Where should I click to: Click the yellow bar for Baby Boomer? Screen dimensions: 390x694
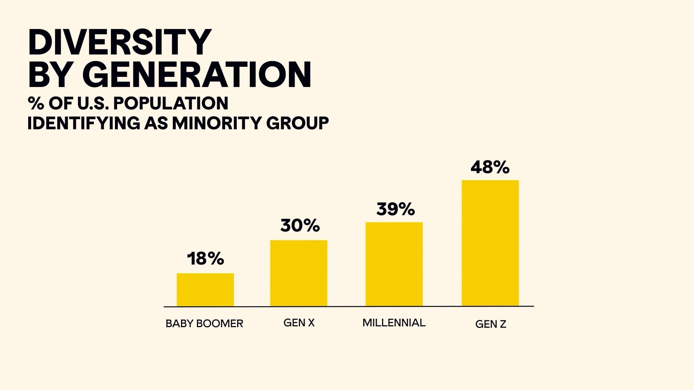pos(205,290)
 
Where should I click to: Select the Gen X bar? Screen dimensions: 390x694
pos(299,273)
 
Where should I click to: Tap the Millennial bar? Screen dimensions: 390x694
pos(394,264)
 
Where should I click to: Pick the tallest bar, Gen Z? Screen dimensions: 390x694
pos(490,243)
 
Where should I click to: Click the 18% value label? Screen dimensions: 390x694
pos(205,259)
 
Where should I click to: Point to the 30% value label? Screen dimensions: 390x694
pos(300,226)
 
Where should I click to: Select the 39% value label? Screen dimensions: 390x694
pos(395,209)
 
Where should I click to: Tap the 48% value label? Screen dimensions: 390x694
pos(490,167)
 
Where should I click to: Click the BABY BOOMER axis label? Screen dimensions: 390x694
pos(204,324)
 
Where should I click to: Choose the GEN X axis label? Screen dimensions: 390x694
pos(299,323)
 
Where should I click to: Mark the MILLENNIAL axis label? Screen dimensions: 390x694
pos(394,322)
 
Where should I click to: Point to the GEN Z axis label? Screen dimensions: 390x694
pos(490,324)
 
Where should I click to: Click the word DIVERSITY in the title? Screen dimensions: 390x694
pos(119,42)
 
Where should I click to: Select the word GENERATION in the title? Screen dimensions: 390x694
pos(199,75)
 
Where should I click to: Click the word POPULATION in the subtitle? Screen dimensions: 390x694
pos(171,104)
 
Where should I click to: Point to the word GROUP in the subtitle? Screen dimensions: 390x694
pos(297,123)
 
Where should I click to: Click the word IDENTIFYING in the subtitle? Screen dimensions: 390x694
pos(83,123)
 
